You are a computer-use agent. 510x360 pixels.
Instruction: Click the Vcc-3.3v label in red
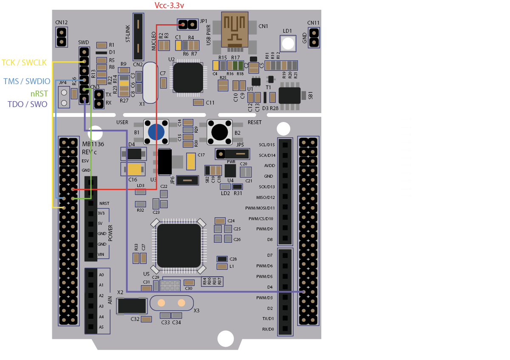[x=170, y=5]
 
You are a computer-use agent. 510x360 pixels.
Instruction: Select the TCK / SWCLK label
[x=24, y=62]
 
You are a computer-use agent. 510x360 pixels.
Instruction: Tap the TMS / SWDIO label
[x=27, y=81]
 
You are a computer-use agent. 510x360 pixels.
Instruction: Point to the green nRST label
[x=39, y=94]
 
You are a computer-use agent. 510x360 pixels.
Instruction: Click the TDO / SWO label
[x=28, y=104]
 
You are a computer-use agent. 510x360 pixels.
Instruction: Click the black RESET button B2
[x=220, y=131]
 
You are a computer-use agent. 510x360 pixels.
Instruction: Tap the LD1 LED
[x=288, y=43]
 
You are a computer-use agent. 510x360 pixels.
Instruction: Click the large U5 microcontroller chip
[x=179, y=246]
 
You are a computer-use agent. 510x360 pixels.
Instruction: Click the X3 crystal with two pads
[x=171, y=303]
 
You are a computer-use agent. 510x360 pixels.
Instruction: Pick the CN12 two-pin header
[x=62, y=37]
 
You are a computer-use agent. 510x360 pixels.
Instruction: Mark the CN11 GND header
[x=314, y=37]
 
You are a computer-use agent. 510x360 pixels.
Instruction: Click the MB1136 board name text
[x=93, y=145]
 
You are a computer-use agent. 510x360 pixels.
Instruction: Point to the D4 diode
[x=134, y=153]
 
